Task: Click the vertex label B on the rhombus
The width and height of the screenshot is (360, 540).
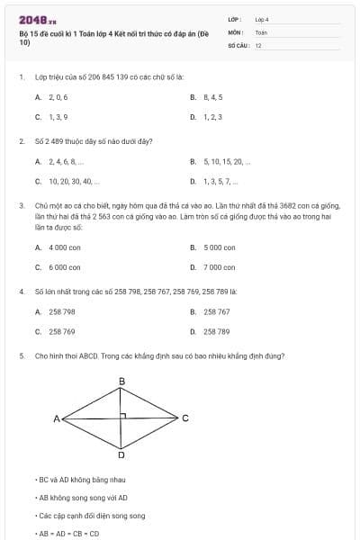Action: point(122,382)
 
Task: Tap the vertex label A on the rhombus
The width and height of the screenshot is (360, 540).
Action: point(56,418)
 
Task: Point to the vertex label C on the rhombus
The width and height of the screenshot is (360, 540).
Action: point(185,418)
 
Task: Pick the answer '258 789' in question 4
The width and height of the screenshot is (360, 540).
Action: point(217,331)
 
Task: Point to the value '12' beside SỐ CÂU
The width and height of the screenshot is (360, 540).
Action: point(258,45)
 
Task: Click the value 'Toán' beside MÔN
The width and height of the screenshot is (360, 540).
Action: point(261,31)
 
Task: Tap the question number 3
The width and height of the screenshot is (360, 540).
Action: point(21,205)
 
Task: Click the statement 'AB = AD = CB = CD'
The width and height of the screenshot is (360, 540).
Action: point(69,534)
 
